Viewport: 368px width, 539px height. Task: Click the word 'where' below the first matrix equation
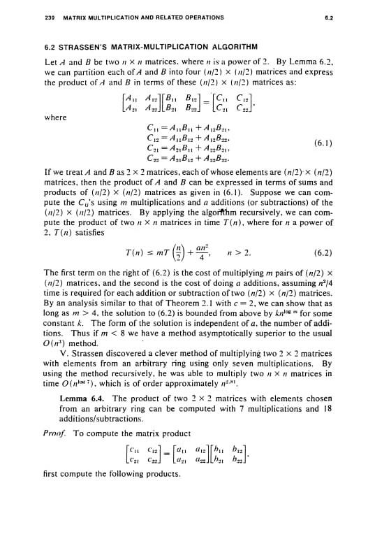tap(54, 117)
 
